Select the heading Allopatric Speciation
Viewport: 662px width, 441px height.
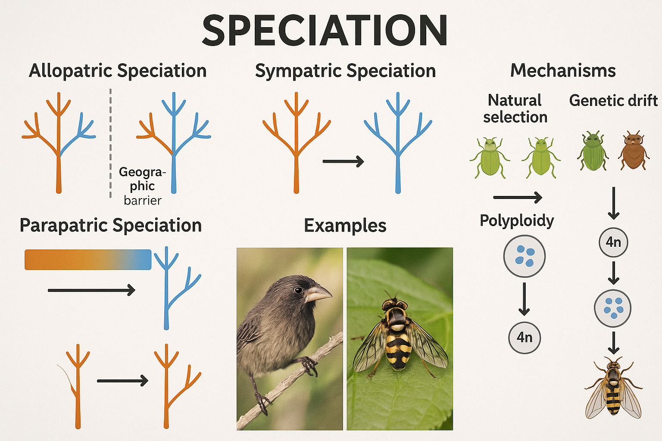point(118,71)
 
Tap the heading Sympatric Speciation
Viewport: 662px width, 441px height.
point(345,71)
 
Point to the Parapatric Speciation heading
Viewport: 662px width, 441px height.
point(111,225)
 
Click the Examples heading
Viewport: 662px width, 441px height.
point(345,226)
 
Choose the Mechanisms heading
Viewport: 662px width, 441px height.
point(563,71)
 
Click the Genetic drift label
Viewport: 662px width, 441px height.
point(613,100)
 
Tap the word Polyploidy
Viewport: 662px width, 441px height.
point(517,220)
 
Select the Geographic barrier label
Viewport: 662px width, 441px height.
point(142,186)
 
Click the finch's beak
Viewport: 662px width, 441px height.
point(319,294)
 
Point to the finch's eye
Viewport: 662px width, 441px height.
point(298,290)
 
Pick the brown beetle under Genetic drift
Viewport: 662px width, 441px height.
point(633,151)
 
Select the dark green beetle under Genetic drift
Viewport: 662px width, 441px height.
point(593,152)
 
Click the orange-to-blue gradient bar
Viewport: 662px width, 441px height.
point(88,260)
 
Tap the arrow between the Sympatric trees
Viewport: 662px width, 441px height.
point(343,161)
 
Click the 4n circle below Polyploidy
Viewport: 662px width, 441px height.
point(525,338)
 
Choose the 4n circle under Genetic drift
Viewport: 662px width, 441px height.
point(613,242)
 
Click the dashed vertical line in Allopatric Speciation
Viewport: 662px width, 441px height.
point(111,142)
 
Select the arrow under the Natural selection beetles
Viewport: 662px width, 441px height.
point(517,198)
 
